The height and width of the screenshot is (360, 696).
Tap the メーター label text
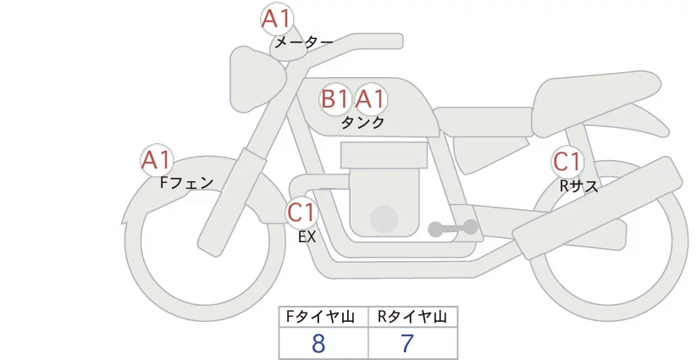303,42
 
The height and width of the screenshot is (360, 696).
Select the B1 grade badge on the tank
335,99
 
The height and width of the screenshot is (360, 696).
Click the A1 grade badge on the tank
371,99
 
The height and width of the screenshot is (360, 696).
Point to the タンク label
362,122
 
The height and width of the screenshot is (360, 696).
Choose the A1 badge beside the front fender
157,159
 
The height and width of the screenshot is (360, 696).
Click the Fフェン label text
186,181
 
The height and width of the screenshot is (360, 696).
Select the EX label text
307,237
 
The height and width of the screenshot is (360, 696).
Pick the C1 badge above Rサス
567,162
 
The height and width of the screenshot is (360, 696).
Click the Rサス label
579,186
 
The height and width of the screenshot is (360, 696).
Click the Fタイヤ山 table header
323,318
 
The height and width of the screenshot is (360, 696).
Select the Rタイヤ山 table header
412,318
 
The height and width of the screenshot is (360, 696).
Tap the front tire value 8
319,344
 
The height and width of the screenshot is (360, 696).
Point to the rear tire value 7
407,344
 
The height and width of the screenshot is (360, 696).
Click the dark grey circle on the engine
385,219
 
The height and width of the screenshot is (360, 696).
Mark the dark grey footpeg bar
453,227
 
